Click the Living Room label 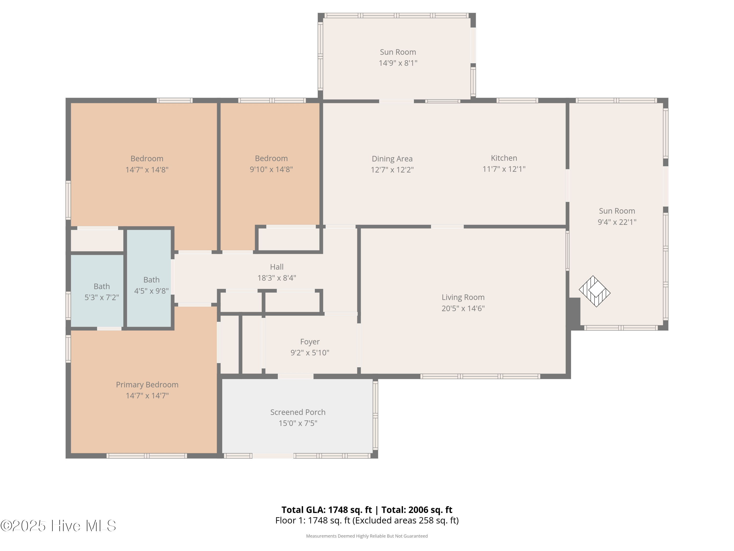click(463, 297)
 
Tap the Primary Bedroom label click(147, 385)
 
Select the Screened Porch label click(298, 412)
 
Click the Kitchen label click(504, 158)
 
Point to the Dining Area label click(392, 159)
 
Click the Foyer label click(310, 342)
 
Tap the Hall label click(277, 267)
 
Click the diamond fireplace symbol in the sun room click(595, 291)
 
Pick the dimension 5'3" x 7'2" click(102, 297)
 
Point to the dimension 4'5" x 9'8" click(151, 291)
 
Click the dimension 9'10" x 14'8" click(271, 169)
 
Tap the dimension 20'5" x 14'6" click(463, 308)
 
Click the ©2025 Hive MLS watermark click(58, 526)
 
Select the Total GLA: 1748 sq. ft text click(327, 510)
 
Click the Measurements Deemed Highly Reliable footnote click(367, 536)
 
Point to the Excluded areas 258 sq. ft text click(405, 520)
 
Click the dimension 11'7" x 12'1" click(504, 169)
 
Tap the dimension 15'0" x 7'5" click(298, 423)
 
